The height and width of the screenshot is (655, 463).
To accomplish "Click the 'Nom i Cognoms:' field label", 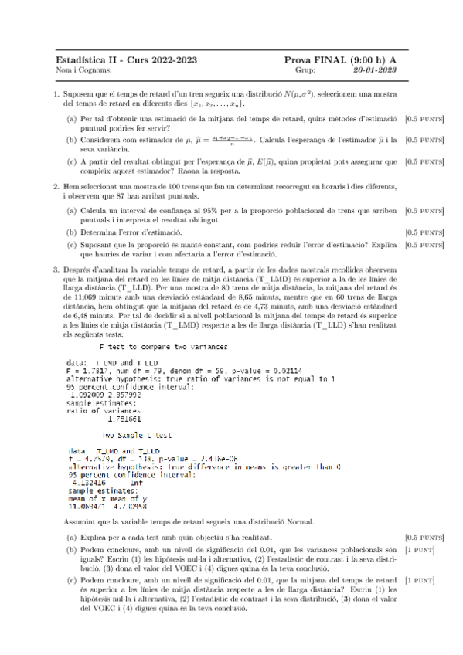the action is [x=79, y=70].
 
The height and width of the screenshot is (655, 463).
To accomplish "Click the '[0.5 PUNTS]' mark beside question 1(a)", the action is [x=425, y=120].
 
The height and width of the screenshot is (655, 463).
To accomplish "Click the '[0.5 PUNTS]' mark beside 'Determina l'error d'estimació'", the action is [x=425, y=232].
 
